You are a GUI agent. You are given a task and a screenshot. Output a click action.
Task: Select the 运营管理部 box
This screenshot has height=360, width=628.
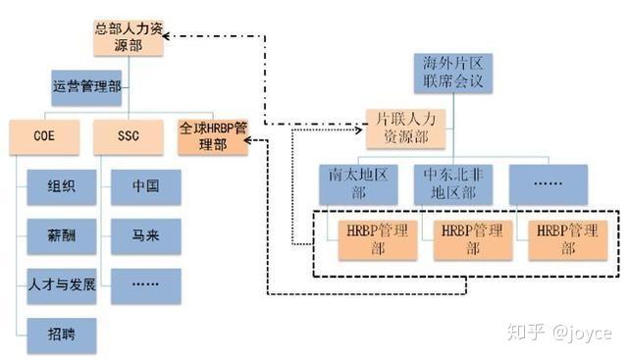(x=86, y=86)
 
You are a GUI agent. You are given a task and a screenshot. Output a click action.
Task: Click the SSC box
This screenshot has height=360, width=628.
(x=129, y=136)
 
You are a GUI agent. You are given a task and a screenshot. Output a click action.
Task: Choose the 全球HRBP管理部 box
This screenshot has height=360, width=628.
(x=212, y=136)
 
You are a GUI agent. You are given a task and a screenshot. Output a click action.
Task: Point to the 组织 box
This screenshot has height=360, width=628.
(x=62, y=187)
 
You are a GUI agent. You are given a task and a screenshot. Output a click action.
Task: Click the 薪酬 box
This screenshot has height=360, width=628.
(x=62, y=236)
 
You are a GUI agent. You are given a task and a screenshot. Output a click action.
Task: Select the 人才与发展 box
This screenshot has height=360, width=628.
(x=62, y=285)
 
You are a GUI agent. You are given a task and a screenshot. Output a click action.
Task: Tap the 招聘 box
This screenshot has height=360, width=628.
(x=62, y=335)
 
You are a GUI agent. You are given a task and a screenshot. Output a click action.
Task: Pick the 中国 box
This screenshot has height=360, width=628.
(x=145, y=187)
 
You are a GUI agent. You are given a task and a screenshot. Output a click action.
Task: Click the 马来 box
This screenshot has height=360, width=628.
(x=145, y=236)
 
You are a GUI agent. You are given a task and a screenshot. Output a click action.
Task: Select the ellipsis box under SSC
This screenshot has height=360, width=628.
(x=145, y=285)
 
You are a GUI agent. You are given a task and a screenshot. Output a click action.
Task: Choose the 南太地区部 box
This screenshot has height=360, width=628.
(x=355, y=182)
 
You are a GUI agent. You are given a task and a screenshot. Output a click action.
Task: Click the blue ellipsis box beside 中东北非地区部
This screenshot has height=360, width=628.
(x=547, y=182)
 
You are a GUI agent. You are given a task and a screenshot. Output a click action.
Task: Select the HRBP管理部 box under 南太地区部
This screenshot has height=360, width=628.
(x=377, y=239)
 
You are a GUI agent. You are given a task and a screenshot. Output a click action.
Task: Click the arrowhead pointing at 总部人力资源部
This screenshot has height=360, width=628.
(x=165, y=37)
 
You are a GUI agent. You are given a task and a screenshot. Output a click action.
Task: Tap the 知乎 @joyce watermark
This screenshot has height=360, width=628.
(x=559, y=333)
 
